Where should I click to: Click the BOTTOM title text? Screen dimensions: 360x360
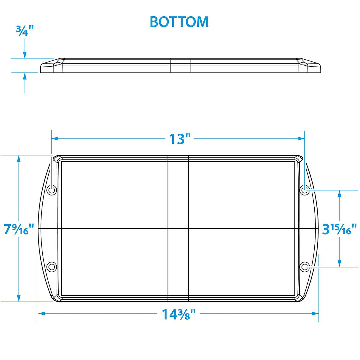coord(179,22)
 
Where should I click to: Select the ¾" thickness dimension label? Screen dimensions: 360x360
coord(25,31)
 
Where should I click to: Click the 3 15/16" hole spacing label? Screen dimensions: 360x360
coord(340,229)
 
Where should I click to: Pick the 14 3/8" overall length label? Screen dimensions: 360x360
coord(179,314)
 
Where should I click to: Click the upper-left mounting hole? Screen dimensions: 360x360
coord(52,189)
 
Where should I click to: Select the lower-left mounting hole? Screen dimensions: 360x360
coord(52,267)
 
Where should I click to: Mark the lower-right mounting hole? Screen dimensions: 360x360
coord(304,267)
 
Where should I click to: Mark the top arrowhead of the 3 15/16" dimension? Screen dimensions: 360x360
coord(340,193)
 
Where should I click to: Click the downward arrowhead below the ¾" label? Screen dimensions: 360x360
coord(25,55)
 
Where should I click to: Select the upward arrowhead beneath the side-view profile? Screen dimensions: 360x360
coord(25,76)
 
